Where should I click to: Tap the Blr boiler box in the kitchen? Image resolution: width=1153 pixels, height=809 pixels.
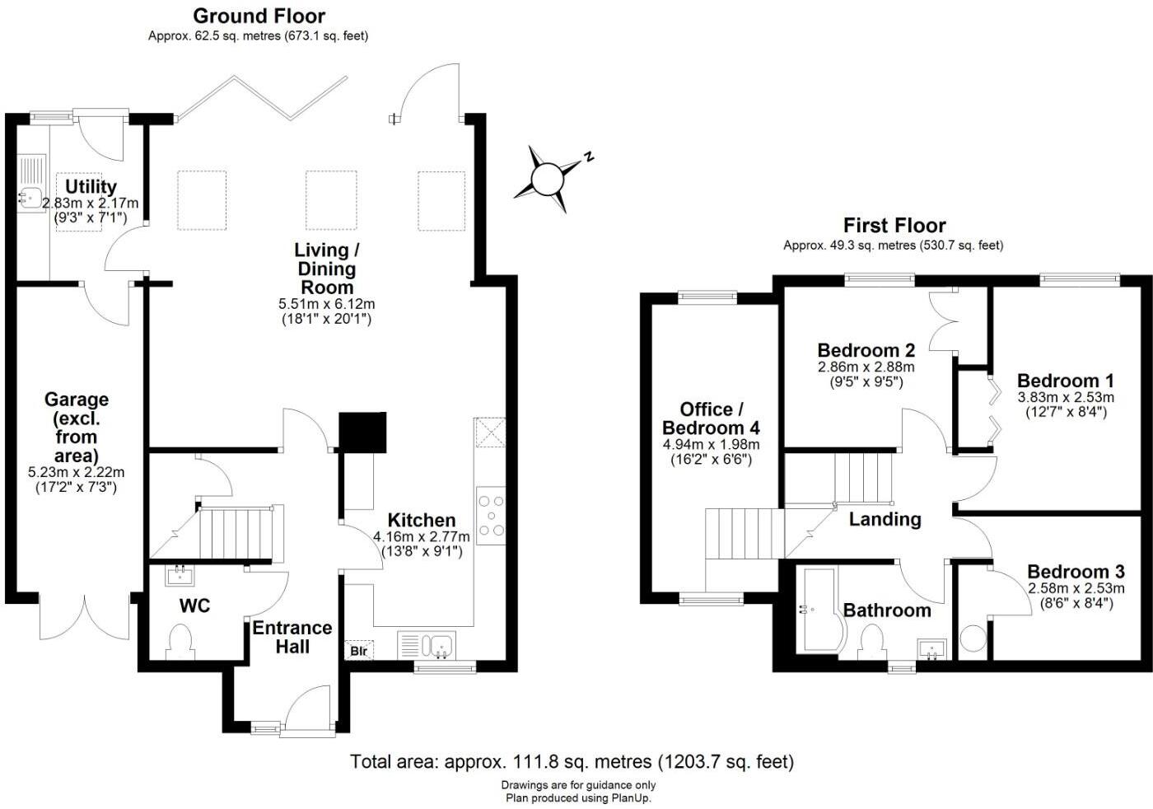pyautogui.click(x=358, y=651)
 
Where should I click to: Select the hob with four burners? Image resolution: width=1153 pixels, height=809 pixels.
pyautogui.click(x=491, y=515)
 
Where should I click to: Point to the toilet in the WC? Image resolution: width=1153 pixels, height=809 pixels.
pyautogui.click(x=180, y=642)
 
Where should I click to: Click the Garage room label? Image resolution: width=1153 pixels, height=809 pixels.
pyautogui.click(x=77, y=400)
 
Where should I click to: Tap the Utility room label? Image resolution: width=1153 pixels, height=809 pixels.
pyautogui.click(x=91, y=186)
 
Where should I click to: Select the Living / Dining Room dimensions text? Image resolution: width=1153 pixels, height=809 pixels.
pyautogui.click(x=326, y=311)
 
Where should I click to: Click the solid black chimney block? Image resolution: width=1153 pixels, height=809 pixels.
pyautogui.click(x=363, y=432)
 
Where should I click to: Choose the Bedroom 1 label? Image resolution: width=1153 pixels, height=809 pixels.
pyautogui.click(x=1065, y=381)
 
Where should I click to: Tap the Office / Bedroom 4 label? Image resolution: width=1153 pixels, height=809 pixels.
pyautogui.click(x=711, y=419)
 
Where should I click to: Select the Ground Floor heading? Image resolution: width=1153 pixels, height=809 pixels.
pyautogui.click(x=259, y=16)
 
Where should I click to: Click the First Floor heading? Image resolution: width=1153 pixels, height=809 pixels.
pyautogui.click(x=894, y=225)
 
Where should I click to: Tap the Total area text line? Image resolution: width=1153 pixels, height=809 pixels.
pyautogui.click(x=572, y=761)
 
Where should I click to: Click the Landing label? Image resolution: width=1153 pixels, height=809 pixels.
pyautogui.click(x=885, y=519)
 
